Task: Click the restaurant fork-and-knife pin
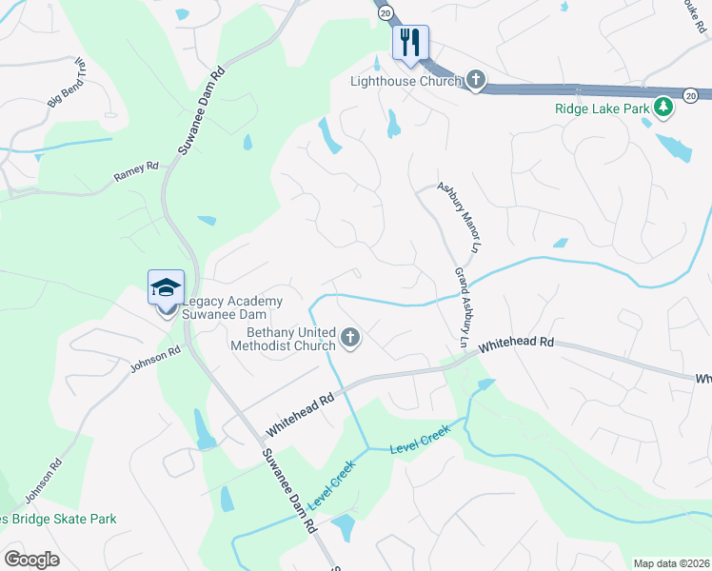411,43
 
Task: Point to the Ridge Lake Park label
602,108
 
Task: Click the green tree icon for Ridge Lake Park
663,108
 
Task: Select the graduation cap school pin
165,286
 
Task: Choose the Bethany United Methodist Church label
284,339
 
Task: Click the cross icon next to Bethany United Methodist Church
350,337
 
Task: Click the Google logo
31,560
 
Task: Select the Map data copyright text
672,563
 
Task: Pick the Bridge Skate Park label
58,519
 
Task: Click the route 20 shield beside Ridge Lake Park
690,95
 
